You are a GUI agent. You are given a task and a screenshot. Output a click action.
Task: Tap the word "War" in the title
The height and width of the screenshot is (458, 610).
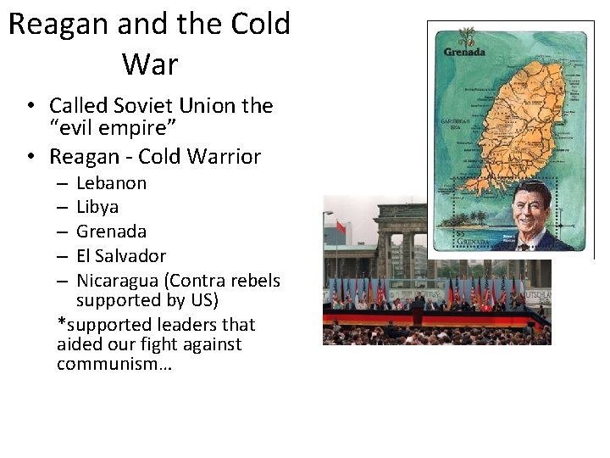click(x=149, y=64)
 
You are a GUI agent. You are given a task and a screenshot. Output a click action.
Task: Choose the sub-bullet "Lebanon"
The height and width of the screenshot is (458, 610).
click(x=111, y=183)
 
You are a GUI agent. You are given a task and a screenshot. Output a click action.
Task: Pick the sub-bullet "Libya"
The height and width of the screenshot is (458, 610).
click(x=97, y=207)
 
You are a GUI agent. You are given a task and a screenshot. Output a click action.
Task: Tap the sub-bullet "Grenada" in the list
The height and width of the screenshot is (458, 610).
click(x=111, y=232)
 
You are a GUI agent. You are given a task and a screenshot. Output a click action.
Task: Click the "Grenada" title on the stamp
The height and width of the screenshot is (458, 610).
click(x=465, y=51)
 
